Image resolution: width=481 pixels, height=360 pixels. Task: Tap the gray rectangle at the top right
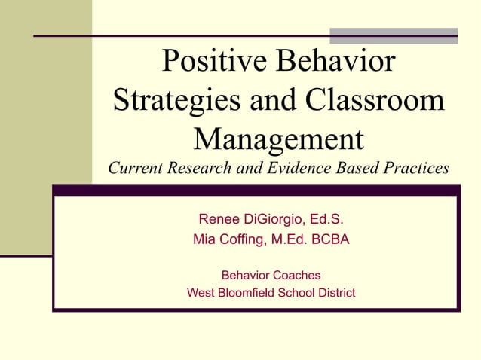click(394, 36)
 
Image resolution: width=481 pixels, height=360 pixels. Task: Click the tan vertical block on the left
click(45, 128)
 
